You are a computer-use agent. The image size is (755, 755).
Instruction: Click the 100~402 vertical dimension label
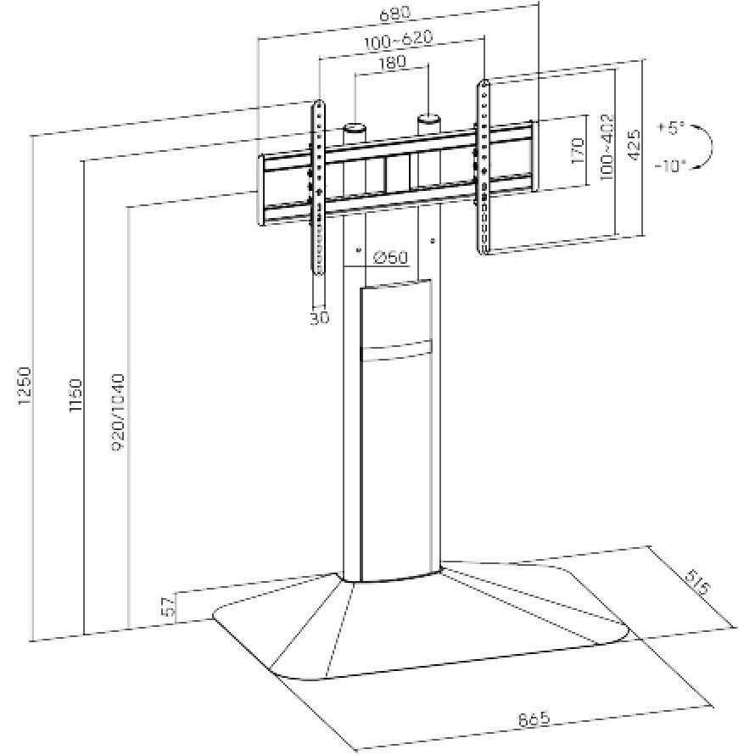(x=607, y=146)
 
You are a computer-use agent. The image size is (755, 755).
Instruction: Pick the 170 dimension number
(x=579, y=151)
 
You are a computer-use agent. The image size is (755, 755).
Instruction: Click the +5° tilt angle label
(x=669, y=129)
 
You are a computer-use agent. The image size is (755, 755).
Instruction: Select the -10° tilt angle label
(x=669, y=166)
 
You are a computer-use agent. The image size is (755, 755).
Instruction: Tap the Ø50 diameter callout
(x=391, y=257)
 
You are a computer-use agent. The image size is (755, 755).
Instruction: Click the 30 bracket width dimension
(x=319, y=317)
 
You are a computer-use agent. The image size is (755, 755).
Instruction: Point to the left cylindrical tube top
(x=354, y=130)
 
